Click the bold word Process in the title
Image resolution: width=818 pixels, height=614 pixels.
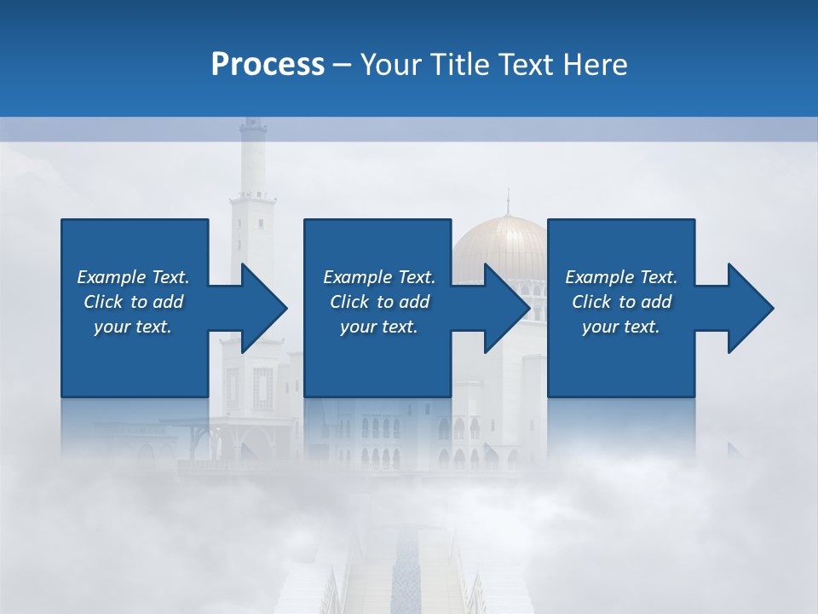[x=268, y=65]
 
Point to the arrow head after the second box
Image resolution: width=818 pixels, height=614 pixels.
[x=506, y=308]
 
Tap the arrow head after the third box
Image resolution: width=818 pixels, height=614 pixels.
[x=750, y=308]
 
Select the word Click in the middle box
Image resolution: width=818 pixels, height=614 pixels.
[x=349, y=302]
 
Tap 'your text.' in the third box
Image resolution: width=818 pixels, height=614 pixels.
[x=620, y=327]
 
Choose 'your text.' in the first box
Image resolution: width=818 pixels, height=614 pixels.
[x=133, y=327]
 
